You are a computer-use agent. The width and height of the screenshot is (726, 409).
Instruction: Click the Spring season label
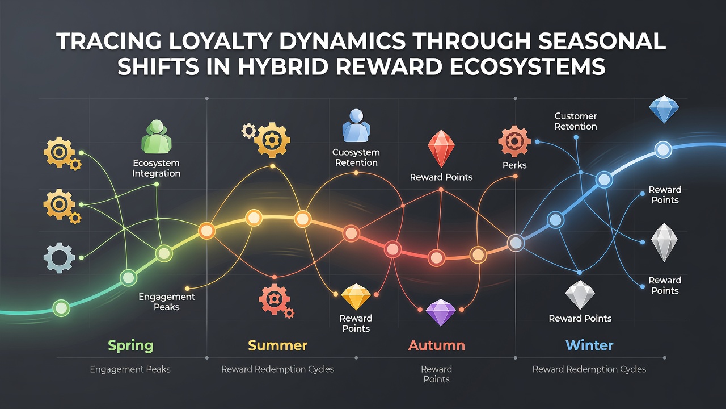coord(130,346)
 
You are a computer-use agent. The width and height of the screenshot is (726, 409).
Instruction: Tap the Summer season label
coord(277,345)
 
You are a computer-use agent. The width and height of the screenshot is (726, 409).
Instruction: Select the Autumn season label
coord(436,345)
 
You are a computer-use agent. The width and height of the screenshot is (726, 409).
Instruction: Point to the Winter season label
coord(589,345)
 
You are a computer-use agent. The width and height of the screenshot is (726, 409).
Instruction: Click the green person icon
coord(157,137)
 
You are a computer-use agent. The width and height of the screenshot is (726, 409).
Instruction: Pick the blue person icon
coord(356,126)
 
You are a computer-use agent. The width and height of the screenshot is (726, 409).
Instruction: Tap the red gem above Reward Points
coord(441,148)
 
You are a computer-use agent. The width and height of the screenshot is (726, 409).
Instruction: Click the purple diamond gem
coord(441,312)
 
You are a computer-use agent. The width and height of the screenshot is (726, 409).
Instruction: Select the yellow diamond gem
coord(356,297)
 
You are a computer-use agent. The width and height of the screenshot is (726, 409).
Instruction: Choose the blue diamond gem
coord(664,109)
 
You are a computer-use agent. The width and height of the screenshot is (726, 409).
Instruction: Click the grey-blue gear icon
coord(60,257)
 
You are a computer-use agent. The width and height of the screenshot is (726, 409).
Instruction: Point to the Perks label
coord(514,165)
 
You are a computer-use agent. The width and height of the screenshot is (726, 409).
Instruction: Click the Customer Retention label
coord(576,121)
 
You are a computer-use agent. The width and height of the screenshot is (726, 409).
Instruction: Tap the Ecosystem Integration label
coord(156,168)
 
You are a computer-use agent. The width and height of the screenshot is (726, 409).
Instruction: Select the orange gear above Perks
coord(514,141)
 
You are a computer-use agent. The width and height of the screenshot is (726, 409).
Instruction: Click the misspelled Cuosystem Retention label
coord(356,157)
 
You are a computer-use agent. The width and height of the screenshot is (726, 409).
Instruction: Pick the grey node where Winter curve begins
coord(516,243)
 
